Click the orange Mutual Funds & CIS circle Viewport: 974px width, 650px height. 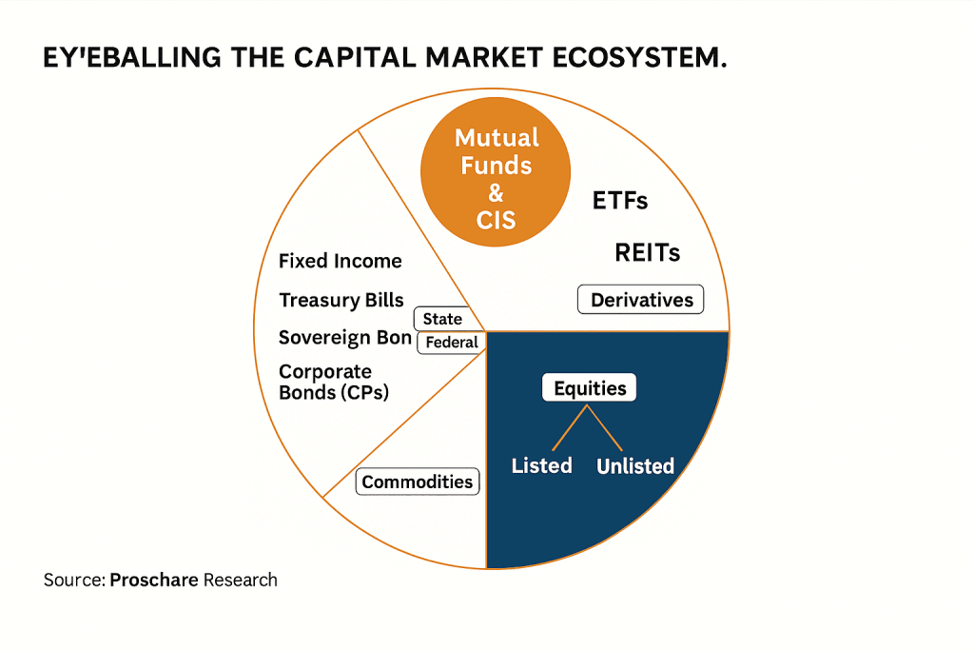pyautogui.click(x=496, y=179)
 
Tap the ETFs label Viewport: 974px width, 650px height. pyautogui.click(x=619, y=201)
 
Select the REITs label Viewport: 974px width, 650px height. pyautogui.click(x=647, y=252)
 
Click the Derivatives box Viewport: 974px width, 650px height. pyautogui.click(x=641, y=300)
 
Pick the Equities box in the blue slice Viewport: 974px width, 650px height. pyautogui.click(x=590, y=388)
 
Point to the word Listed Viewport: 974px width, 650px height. pyautogui.click(x=541, y=465)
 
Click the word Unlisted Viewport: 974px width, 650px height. pyautogui.click(x=634, y=466)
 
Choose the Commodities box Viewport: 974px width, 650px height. pyautogui.click(x=417, y=482)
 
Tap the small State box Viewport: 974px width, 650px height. pyautogui.click(x=442, y=320)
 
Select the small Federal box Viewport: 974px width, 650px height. pyautogui.click(x=452, y=343)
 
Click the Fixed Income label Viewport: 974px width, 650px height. pyautogui.click(x=340, y=261)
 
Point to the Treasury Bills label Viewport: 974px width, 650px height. pyautogui.click(x=341, y=300)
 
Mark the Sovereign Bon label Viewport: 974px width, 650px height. pyautogui.click(x=344, y=338)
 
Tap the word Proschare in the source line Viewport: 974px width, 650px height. pyautogui.click(x=154, y=580)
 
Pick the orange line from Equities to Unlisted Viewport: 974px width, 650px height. pyautogui.click(x=606, y=427)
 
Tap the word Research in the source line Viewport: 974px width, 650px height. pyautogui.click(x=241, y=580)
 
